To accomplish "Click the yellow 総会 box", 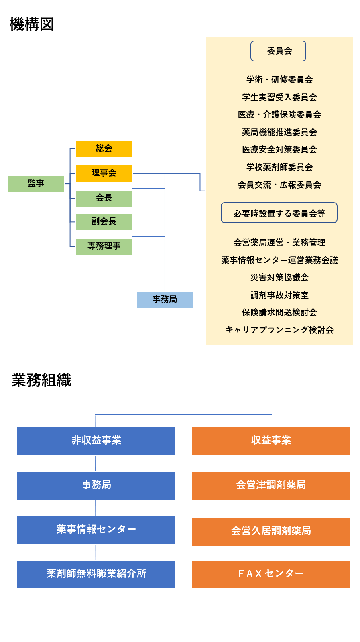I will (x=104, y=149).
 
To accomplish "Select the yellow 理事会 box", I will (x=104, y=173).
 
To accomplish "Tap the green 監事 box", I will (x=36, y=184).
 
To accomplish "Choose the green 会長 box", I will (x=104, y=198).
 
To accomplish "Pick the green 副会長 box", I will (x=104, y=222).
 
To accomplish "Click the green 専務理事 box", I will (x=104, y=246).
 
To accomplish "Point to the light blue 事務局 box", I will (x=165, y=300).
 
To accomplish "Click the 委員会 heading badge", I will (x=278, y=51).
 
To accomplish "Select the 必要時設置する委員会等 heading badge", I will (x=279, y=213).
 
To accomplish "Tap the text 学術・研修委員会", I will (x=279, y=79).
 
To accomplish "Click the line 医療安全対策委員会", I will (x=279, y=149).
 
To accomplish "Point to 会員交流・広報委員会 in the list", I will (x=279, y=185).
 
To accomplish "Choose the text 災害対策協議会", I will (x=279, y=277).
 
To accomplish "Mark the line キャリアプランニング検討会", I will (x=279, y=330).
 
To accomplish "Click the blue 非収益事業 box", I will (x=96, y=441).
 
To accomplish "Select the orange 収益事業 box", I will (x=271, y=441).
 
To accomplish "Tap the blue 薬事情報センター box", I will (x=96, y=530).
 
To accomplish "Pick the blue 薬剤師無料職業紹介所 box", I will (x=96, y=574).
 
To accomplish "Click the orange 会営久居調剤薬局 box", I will (x=271, y=532).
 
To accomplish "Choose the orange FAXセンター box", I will (x=271, y=574).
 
